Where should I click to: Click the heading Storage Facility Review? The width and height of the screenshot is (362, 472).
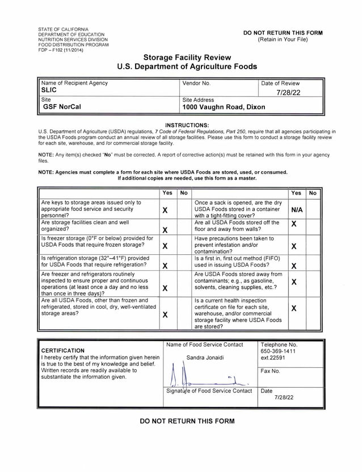(x=187, y=57)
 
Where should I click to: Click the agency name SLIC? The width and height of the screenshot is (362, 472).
(x=49, y=90)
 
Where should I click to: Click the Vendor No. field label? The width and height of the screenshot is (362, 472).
(x=196, y=83)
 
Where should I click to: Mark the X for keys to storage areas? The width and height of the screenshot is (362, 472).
(x=165, y=210)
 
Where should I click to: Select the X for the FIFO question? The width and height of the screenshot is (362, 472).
(x=293, y=266)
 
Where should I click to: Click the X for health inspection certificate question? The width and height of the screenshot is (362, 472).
(x=293, y=308)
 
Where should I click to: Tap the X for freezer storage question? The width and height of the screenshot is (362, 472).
(x=165, y=246)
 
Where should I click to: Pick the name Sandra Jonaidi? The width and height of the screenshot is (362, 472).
(x=205, y=357)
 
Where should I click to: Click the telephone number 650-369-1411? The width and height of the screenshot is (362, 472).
(x=278, y=351)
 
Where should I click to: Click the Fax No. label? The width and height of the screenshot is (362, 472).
(x=271, y=371)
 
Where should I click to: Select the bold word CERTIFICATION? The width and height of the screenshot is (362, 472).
(x=63, y=350)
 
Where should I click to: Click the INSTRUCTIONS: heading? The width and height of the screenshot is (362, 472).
(x=187, y=125)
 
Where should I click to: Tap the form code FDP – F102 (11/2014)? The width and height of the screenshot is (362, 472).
(x=60, y=49)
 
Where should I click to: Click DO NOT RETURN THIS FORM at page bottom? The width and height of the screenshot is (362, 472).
(x=187, y=421)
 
